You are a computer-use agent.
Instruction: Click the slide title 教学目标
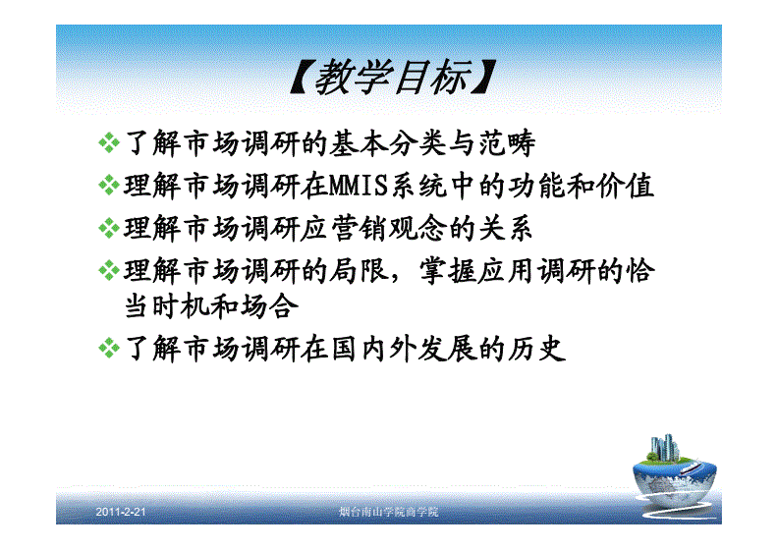click(393, 77)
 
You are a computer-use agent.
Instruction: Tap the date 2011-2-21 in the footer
click(121, 512)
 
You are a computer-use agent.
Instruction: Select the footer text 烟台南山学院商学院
click(388, 512)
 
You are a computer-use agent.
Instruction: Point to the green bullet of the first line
click(109, 142)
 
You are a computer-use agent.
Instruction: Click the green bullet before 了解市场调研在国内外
click(109, 348)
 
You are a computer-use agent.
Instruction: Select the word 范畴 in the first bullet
click(507, 143)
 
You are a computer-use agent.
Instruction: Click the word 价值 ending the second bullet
click(625, 186)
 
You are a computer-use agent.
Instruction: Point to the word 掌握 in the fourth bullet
click(448, 271)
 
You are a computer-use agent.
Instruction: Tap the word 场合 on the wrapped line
click(269, 306)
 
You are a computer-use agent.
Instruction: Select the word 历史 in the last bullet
click(536, 348)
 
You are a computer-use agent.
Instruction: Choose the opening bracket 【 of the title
click(302, 77)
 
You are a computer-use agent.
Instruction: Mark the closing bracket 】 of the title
click(483, 77)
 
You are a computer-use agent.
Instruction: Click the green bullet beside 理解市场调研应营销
click(109, 228)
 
